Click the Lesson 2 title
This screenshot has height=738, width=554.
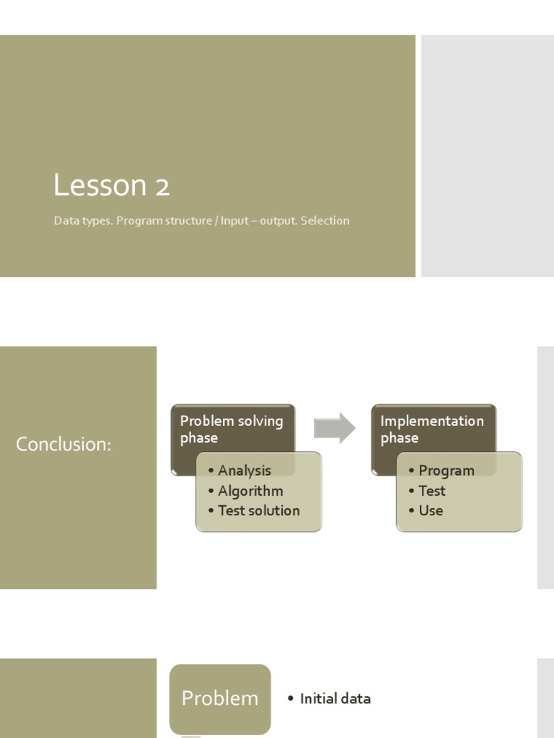[111, 186]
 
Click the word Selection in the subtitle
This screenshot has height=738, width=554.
[325, 221]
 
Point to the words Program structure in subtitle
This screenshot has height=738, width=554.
[164, 221]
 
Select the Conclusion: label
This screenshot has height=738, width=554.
[63, 445]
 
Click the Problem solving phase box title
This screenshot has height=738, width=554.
[231, 430]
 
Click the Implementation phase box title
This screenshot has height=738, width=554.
[431, 430]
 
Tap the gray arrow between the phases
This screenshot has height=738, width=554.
[335, 428]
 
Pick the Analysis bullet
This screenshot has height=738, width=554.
[245, 471]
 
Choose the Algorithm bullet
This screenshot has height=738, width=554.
[250, 491]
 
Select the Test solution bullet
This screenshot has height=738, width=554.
[258, 510]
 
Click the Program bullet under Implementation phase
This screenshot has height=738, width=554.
[446, 471]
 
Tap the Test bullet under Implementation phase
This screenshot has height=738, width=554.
[431, 491]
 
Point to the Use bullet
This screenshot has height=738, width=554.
[431, 510]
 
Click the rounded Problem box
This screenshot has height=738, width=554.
[220, 698]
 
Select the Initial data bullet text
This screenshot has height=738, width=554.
[335, 698]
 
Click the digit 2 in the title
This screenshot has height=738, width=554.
[162, 187]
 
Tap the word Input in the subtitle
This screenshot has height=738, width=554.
[234, 221]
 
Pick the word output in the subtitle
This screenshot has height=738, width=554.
[277, 221]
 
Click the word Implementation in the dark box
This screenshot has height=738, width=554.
[431, 421]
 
